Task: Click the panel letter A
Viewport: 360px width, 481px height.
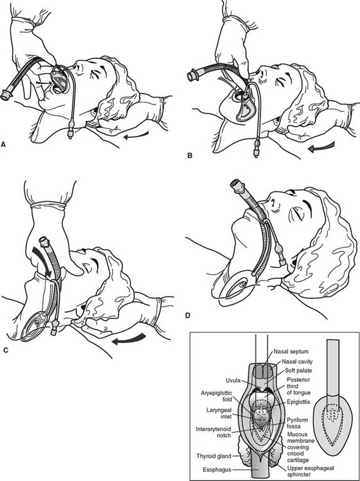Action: click(x=3, y=144)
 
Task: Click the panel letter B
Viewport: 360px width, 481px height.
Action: click(x=190, y=156)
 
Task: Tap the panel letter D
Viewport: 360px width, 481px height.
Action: click(x=188, y=315)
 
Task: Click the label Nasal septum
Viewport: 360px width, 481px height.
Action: click(x=291, y=351)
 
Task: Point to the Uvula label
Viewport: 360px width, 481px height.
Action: click(x=234, y=381)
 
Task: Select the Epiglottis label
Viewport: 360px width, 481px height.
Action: click(x=298, y=401)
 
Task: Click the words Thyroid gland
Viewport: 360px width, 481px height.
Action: click(x=214, y=456)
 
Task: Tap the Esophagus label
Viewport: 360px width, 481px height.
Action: click(x=217, y=469)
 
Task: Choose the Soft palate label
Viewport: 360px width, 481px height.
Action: click(x=298, y=371)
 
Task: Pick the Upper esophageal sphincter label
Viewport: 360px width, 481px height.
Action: click(x=311, y=471)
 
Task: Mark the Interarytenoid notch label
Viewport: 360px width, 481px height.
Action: click(x=213, y=432)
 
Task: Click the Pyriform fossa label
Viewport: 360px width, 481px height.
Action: click(x=298, y=423)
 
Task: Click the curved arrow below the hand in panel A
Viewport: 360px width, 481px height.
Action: click(x=136, y=135)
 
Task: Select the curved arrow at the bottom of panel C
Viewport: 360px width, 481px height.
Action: click(x=128, y=339)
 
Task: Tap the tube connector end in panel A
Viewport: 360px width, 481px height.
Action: click(x=5, y=95)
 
